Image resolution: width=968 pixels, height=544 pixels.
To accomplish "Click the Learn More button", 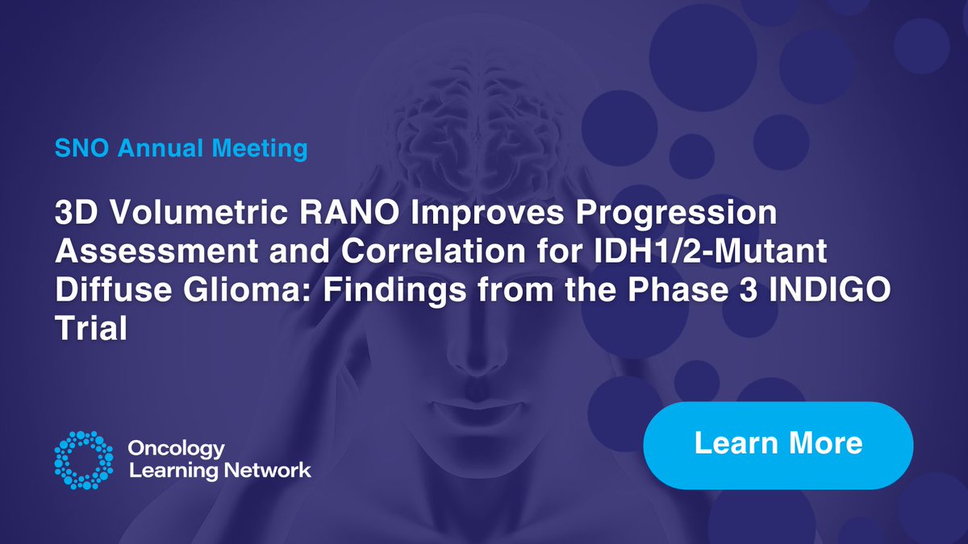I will (778, 444).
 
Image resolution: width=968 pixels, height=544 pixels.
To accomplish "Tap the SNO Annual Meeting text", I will (181, 149).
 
